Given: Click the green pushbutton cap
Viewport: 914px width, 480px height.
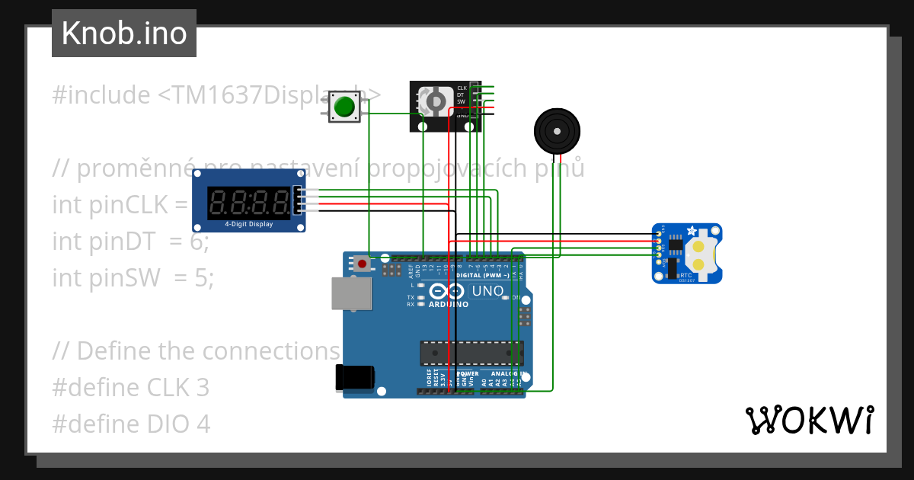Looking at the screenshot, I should click(x=346, y=107).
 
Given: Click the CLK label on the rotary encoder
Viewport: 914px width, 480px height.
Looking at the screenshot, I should click(x=462, y=88).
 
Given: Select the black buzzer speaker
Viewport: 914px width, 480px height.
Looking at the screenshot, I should click(x=558, y=132).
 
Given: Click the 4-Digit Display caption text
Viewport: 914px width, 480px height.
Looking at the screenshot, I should click(x=248, y=224).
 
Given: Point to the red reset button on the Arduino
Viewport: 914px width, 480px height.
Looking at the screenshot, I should click(x=362, y=264).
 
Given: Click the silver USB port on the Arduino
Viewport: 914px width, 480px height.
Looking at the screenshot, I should click(x=351, y=293).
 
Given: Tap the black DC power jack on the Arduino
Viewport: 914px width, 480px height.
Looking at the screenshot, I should click(x=355, y=379).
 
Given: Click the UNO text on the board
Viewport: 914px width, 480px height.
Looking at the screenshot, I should click(x=487, y=291).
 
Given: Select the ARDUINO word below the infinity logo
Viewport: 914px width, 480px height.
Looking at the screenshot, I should click(x=448, y=304).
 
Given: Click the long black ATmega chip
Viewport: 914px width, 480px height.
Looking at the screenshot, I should click(x=471, y=353).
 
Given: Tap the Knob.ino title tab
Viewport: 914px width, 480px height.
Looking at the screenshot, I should click(x=124, y=34).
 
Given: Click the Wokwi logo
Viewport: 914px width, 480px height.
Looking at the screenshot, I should click(x=809, y=420).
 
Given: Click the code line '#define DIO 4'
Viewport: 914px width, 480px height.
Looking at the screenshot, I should click(x=131, y=424).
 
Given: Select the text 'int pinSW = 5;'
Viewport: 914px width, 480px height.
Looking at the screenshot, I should click(x=133, y=278).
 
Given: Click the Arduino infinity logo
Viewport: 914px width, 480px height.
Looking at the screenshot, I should click(x=447, y=291).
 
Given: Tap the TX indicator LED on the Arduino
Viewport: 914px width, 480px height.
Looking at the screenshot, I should click(x=420, y=297).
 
